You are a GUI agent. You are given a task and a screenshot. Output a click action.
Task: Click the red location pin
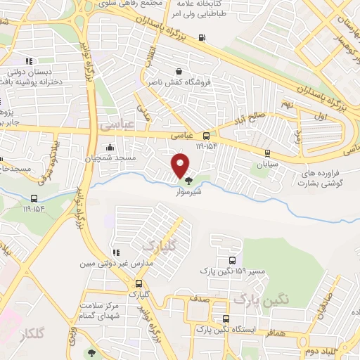(181, 165)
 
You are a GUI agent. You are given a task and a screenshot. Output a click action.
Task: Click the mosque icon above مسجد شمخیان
(110, 148)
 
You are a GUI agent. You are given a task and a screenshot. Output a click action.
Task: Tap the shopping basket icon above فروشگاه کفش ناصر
(179, 71)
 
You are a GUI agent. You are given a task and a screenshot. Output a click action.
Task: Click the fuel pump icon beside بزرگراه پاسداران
(202, 38)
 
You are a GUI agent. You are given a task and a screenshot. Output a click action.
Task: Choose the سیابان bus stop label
(266, 162)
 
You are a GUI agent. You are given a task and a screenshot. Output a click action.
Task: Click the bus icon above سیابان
(266, 152)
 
